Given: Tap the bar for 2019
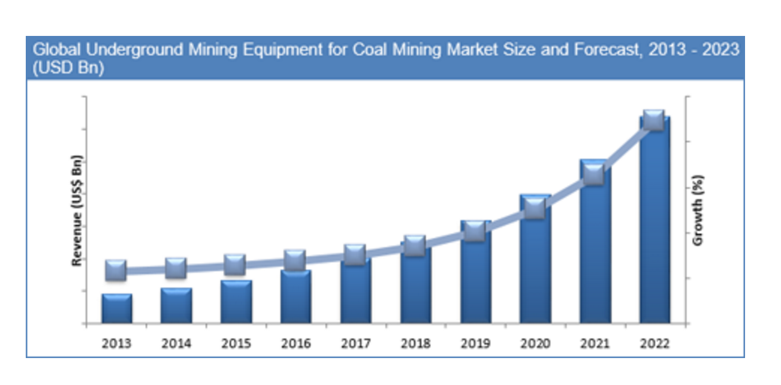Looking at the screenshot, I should tap(475, 281).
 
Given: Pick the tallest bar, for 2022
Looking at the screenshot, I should tap(655, 228).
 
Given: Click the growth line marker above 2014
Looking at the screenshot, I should tap(176, 268).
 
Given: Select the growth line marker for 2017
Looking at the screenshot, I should tap(355, 255).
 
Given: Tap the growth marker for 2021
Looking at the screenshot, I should tap(594, 175).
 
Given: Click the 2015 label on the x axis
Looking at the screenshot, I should tap(236, 344).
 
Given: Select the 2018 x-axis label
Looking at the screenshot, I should tap(415, 344).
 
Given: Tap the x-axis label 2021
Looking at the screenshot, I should tap(594, 344).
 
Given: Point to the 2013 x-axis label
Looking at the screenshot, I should tap(116, 344).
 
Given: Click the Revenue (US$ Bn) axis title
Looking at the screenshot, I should tap(76, 210).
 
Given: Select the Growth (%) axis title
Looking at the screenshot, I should tap(697, 210).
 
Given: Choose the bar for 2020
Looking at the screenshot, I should tap(535, 263).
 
